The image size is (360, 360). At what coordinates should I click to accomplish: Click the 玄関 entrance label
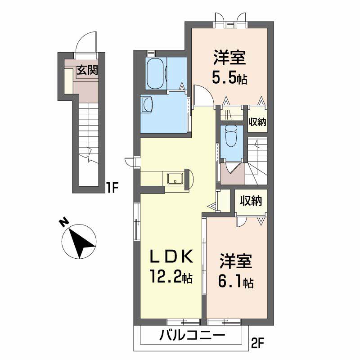point(87,70)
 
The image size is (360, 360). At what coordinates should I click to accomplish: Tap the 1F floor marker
point(112,188)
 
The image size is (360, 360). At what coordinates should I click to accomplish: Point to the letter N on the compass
point(64,222)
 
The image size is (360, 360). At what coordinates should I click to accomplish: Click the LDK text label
point(171,256)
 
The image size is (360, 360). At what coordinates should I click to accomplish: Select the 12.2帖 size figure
point(171,276)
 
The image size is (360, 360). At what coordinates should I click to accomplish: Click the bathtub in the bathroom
point(155,73)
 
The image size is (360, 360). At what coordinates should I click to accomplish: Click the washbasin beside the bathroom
point(147,105)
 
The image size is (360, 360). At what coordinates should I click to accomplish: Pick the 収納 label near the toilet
point(257,122)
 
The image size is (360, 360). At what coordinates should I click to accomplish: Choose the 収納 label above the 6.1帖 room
point(251,201)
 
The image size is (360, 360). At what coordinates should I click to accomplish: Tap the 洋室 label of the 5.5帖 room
point(229,58)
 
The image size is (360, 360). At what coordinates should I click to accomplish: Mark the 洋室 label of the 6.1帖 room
point(236,261)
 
